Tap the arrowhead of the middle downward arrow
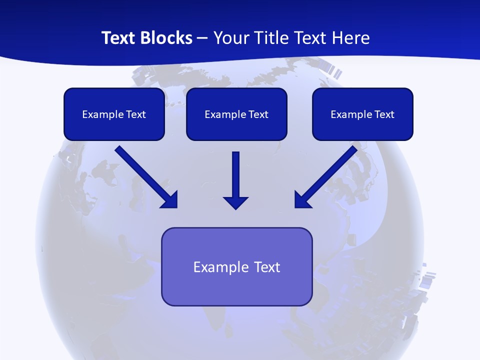tap(236, 202)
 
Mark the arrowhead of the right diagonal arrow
tap(301, 200)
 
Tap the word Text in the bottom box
tap(267, 267)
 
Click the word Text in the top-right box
tap(384, 114)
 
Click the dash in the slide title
tap(202, 38)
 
